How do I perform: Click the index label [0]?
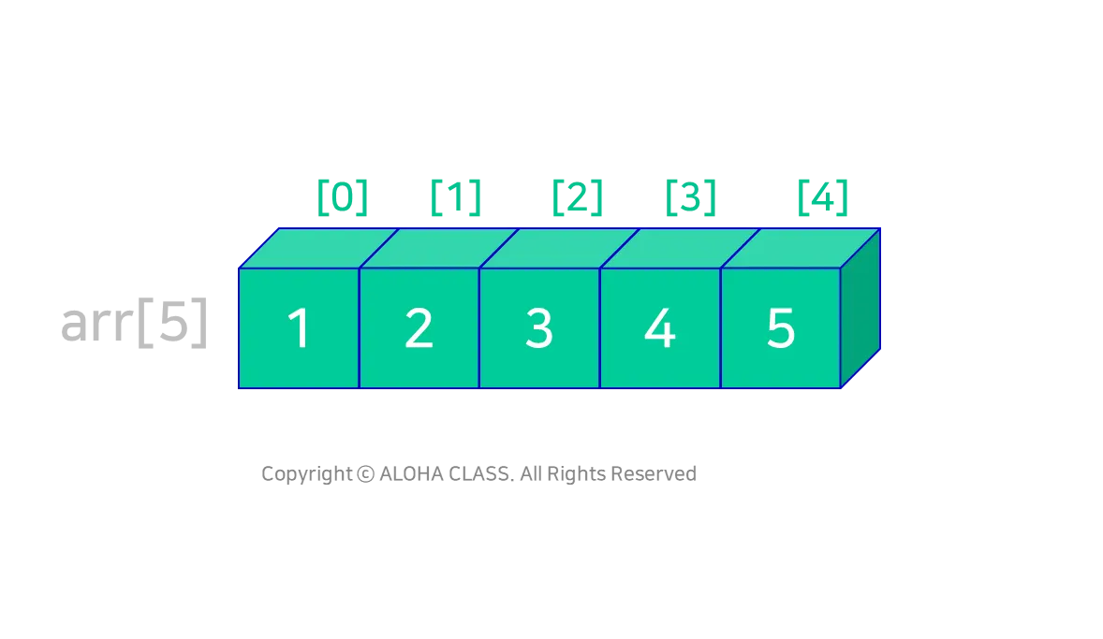[x=341, y=196]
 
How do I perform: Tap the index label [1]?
[x=456, y=196]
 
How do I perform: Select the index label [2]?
[x=576, y=196]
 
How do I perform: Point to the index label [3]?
[x=691, y=196]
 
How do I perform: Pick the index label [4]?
[x=823, y=196]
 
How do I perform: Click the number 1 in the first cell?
[x=299, y=329]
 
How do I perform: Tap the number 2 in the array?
[x=419, y=329]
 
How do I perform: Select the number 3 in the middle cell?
[x=539, y=329]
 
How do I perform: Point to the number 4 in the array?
[x=660, y=329]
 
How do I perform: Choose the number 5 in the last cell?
[x=781, y=329]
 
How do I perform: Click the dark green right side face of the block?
[x=860, y=309]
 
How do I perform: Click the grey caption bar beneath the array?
[x=478, y=475]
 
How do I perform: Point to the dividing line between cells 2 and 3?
[x=479, y=327]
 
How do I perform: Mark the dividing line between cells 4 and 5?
[x=721, y=327]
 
